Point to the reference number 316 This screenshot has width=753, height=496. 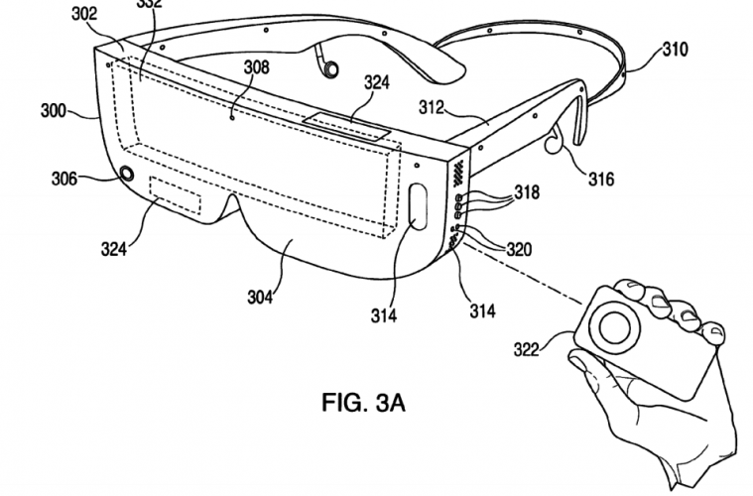(x=601, y=180)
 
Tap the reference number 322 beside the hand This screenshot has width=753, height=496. (x=528, y=346)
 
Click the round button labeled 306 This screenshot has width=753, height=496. (x=126, y=174)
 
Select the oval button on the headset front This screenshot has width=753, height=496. (x=417, y=207)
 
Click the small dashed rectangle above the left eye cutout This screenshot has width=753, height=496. (x=175, y=193)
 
